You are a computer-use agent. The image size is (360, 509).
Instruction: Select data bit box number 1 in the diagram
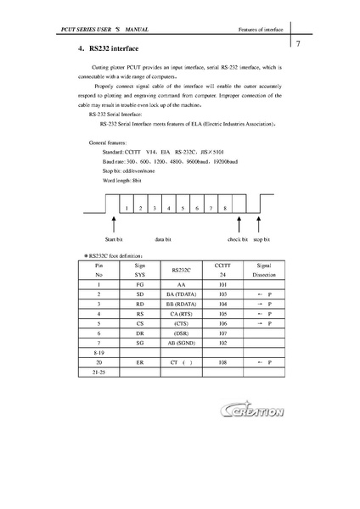tap(126, 207)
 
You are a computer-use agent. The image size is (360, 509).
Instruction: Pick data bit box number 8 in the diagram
tap(225, 207)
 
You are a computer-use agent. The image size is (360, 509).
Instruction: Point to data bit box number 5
tap(183, 207)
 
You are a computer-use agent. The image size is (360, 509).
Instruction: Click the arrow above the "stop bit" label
tap(261, 227)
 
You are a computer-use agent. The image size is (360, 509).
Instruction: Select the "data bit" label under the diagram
tap(165, 240)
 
